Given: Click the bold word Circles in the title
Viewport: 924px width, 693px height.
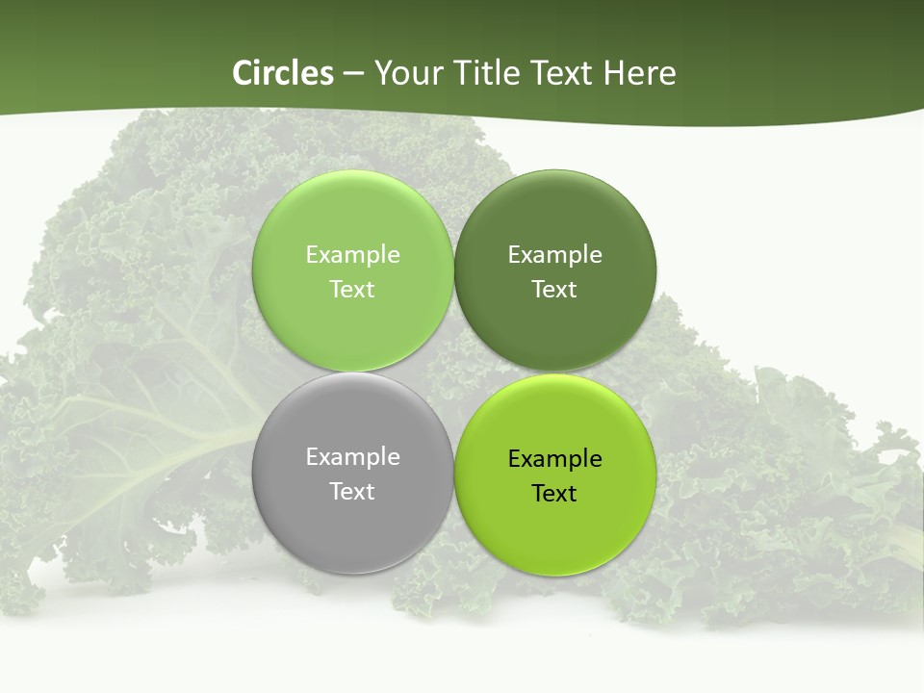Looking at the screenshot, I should (x=283, y=73).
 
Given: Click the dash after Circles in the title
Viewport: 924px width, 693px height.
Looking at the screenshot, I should (x=353, y=74).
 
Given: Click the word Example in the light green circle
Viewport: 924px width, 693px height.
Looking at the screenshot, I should (x=352, y=254).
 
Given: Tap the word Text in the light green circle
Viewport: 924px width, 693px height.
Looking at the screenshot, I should (x=352, y=289).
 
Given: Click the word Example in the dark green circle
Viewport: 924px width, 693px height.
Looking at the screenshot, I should (x=554, y=254).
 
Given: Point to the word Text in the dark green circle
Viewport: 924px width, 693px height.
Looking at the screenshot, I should (x=554, y=289).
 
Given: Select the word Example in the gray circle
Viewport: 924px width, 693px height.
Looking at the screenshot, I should (x=352, y=456).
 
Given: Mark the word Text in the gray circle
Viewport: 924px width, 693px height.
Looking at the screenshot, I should (x=352, y=491).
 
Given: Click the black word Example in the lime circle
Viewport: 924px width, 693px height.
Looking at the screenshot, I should (x=554, y=458).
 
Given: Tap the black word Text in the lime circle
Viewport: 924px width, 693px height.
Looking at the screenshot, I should (x=554, y=493).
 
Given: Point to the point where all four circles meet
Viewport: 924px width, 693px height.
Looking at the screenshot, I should (x=453, y=372).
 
